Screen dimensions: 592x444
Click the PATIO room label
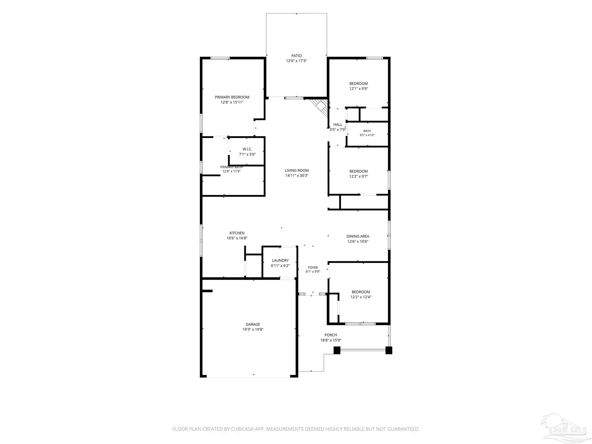pos(296,56)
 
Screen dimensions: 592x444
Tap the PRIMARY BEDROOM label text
pos(232,97)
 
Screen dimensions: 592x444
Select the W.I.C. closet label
pos(247,149)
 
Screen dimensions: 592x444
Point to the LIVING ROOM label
pos(297,171)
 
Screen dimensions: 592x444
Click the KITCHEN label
pos(237,233)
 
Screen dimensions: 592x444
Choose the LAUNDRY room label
pos(280,260)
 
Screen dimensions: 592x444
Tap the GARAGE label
pos(253,324)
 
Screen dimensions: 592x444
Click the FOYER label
pos(313,268)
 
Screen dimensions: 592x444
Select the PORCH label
pos(331,335)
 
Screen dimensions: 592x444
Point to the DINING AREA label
pos(358,236)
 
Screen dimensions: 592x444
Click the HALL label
pos(338,125)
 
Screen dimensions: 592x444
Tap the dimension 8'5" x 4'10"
pos(367,135)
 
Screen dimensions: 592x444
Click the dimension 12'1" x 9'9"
pos(358,89)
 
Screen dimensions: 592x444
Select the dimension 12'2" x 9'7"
pos(358,176)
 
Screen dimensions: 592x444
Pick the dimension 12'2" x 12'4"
pos(361,297)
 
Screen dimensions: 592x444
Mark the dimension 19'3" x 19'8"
pos(253,329)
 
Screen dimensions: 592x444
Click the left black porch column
pos(337,350)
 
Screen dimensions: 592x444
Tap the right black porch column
pos(389,350)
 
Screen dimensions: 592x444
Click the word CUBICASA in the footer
pos(242,429)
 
